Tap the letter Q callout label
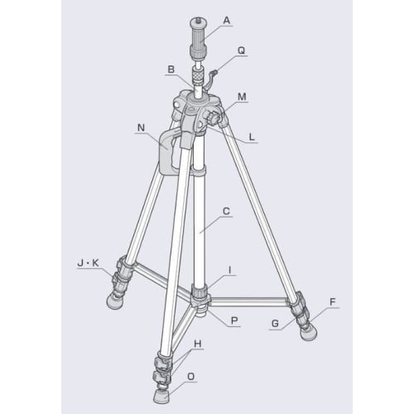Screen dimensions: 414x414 241,49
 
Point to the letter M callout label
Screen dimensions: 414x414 241,96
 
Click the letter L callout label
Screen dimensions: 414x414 253,137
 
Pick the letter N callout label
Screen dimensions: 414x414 141,128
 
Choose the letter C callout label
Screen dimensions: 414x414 226,211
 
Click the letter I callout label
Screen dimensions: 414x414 233,270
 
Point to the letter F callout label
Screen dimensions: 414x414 332,303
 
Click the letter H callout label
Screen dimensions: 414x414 197,343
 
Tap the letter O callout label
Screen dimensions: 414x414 191,377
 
